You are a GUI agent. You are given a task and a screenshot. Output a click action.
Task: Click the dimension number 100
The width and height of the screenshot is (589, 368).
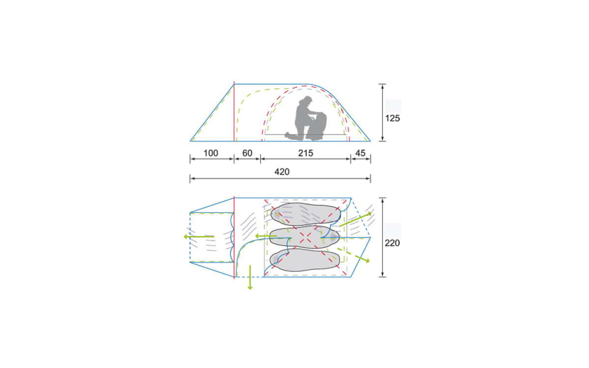point(211,153)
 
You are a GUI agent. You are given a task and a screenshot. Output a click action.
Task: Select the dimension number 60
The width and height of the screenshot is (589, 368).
point(247,153)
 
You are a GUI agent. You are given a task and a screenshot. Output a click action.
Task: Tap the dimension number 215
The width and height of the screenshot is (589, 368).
point(305,153)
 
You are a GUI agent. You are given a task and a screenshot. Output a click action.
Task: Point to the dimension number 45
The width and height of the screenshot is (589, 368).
point(360,153)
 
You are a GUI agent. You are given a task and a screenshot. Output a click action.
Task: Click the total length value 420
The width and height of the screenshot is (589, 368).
point(282,172)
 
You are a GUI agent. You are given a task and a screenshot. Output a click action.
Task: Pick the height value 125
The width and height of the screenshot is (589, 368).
point(392,118)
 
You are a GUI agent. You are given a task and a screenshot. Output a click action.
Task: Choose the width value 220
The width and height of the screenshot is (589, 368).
point(392,243)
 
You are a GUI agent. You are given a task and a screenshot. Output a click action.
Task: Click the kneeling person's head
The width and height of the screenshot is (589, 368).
point(307,100)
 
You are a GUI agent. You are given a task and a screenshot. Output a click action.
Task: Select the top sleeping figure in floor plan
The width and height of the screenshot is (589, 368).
point(305,214)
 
